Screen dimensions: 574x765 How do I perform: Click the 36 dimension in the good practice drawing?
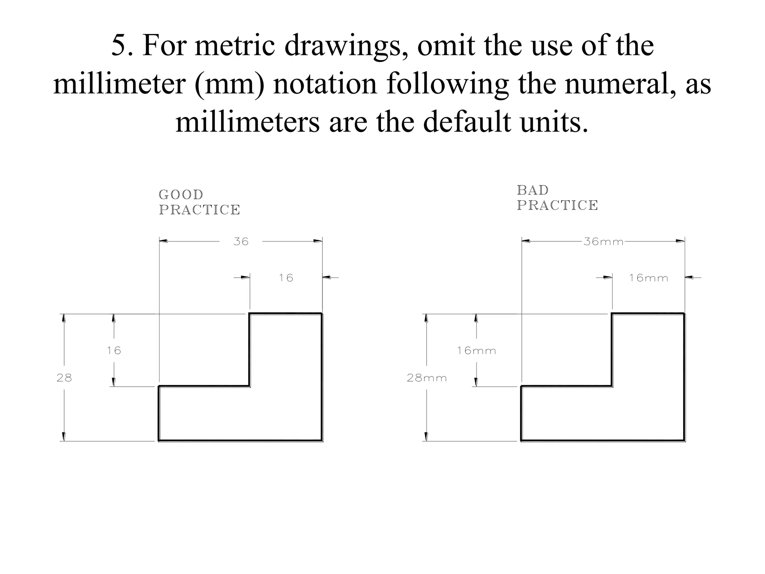pyautogui.click(x=241, y=242)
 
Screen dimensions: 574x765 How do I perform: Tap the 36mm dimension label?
pyautogui.click(x=604, y=242)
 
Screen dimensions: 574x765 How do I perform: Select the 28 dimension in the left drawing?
pyautogui.click(x=64, y=378)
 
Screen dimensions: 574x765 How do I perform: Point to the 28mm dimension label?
pyautogui.click(x=427, y=378)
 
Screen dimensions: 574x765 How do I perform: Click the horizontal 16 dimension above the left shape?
pyautogui.click(x=286, y=278)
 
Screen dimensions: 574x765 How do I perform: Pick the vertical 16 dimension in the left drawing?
pyautogui.click(x=114, y=351)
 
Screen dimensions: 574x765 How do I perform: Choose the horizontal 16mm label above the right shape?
pyautogui.click(x=648, y=278)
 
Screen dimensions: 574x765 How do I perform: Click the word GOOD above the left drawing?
pyautogui.click(x=181, y=195)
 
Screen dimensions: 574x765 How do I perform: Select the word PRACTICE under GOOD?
pyautogui.click(x=199, y=210)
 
